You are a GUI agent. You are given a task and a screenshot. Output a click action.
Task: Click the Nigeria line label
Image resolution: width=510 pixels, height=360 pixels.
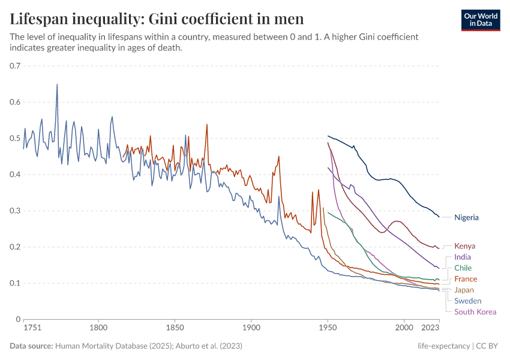(466, 217)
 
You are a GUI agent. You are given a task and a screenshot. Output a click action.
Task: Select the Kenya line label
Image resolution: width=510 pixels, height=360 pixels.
(464, 246)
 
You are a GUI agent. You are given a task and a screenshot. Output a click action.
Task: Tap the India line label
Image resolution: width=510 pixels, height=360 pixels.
(463, 257)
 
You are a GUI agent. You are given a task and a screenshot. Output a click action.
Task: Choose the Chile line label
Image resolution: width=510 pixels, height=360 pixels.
(463, 268)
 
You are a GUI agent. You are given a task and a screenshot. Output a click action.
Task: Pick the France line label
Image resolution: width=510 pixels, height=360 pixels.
(466, 279)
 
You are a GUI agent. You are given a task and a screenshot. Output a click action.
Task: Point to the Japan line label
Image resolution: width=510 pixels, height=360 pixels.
(464, 290)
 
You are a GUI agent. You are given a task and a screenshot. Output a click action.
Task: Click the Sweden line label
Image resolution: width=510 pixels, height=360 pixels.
(467, 301)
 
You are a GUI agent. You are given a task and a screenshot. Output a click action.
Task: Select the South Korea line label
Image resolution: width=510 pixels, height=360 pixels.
(475, 311)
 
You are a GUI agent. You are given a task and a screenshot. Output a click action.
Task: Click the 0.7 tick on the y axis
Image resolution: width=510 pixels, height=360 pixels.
(16, 66)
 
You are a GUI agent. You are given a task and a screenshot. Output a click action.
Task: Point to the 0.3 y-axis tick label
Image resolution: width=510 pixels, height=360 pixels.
(16, 211)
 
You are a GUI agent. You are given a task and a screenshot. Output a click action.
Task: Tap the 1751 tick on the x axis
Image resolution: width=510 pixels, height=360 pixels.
(32, 328)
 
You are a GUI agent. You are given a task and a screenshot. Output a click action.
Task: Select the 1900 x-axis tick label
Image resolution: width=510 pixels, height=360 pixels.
(251, 328)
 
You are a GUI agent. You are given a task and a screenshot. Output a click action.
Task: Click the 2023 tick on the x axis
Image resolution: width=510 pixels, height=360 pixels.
(430, 328)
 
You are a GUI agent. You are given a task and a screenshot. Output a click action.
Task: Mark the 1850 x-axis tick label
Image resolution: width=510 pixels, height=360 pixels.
(175, 328)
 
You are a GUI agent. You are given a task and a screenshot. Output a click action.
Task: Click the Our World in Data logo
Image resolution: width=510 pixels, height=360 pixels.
(481, 20)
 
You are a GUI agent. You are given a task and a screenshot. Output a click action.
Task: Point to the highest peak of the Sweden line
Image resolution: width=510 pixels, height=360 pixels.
(57, 85)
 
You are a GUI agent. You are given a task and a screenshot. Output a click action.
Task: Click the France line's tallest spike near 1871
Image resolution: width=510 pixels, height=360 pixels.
(207, 125)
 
